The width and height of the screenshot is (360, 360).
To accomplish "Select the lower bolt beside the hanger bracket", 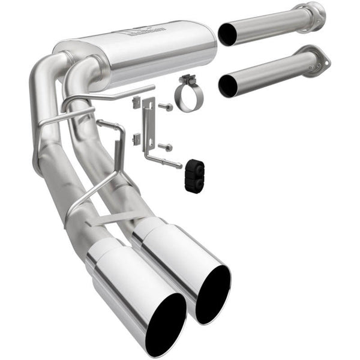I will [x=166, y=146].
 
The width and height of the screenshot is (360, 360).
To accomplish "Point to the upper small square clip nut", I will [x=136, y=102].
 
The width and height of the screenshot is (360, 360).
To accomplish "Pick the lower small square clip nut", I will [x=136, y=140].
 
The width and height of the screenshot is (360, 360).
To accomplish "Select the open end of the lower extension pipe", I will [x=228, y=86].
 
